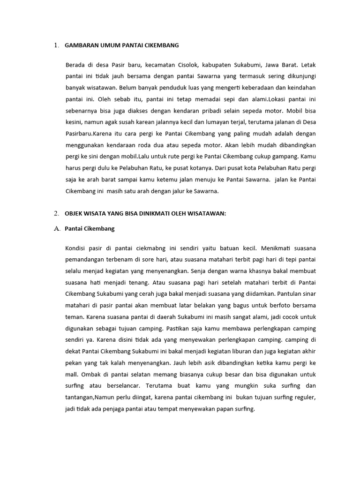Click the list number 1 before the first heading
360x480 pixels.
55,45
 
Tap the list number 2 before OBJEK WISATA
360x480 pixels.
55,213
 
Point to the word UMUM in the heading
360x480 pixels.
110,45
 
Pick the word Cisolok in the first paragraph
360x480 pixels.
190,65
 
